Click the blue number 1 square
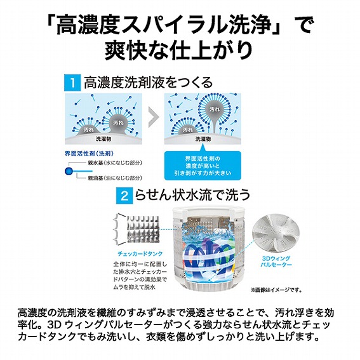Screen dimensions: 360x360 (x=72, y=83)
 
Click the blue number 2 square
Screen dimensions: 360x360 (x=124, y=196)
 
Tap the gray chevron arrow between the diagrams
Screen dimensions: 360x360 (x=154, y=117)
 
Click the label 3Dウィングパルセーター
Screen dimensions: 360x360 (x=276, y=262)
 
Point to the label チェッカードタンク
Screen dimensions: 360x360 (x=140, y=254)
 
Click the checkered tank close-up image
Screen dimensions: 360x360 (x=143, y=229)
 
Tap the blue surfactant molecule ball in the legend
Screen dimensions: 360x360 (x=69, y=171)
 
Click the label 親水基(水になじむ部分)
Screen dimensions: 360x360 (x=115, y=163)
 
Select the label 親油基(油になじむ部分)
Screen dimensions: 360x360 (x=115, y=178)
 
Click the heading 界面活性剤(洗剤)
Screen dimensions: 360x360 (x=89, y=154)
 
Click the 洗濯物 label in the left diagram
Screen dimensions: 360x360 (x=103, y=138)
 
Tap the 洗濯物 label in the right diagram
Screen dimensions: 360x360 (x=203, y=138)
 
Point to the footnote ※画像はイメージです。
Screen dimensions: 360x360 (x=276, y=290)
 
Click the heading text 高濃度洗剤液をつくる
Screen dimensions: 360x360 (x=148, y=83)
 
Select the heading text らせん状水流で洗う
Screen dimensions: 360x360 (x=192, y=196)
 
